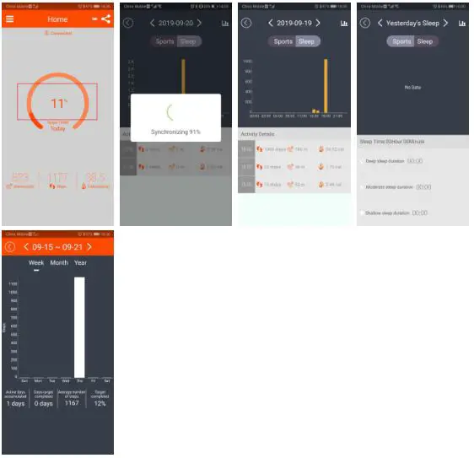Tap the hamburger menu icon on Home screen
pos(10,19)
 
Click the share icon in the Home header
pos(105,19)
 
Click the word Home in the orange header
pos(57,19)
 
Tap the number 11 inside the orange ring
pos(57,104)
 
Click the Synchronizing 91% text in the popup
pos(175,132)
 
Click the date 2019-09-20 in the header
pos(175,23)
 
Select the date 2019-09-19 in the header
pos(294,23)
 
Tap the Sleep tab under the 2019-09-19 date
pos(306,41)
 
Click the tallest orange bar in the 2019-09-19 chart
pos(326,86)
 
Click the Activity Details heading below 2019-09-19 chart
pos(259,134)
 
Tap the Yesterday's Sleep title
pos(412,23)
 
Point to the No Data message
pos(412,87)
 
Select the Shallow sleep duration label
pos(387,213)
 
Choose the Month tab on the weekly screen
pos(59,262)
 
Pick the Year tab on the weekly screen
pos(80,262)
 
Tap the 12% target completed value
pos(100,403)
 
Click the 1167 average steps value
pos(72,403)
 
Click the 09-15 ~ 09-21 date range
pos(57,246)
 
